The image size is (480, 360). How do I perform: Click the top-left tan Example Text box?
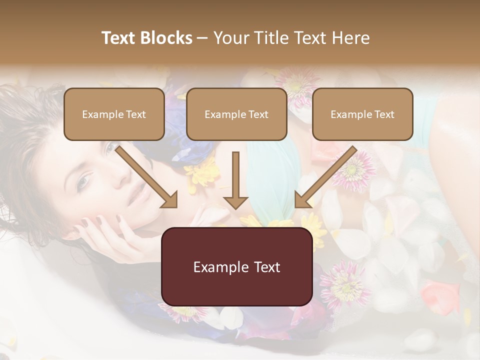pyautogui.click(x=114, y=114)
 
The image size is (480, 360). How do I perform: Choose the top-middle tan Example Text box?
pyautogui.click(x=236, y=114)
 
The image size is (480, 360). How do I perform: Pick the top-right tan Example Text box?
pyautogui.click(x=362, y=114)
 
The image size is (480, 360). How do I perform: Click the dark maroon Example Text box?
pyautogui.click(x=236, y=266)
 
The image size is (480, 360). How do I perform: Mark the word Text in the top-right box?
pyautogui.click(x=384, y=114)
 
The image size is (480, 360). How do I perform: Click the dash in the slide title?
pyautogui.click(x=202, y=38)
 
